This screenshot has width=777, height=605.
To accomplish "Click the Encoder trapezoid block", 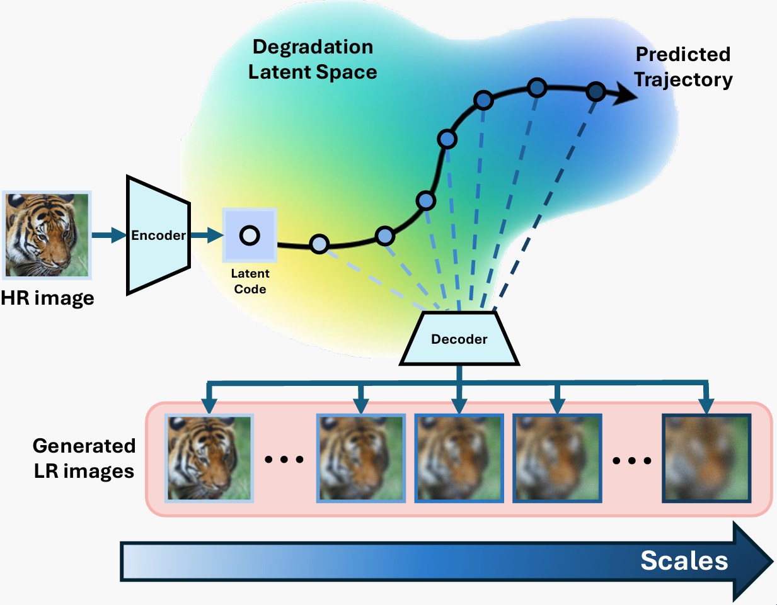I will coord(158,235).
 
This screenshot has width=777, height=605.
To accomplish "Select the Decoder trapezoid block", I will coord(459,339).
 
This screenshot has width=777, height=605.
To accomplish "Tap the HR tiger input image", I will coord(47,235).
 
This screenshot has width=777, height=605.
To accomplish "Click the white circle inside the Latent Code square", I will coord(250,235).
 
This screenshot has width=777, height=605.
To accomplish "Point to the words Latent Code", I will coord(250,281).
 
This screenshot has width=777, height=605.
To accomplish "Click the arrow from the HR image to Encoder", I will coord(108,235).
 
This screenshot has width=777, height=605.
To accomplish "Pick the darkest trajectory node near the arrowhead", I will coord(596,92).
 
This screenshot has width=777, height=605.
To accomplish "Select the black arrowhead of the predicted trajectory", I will coord(626,94).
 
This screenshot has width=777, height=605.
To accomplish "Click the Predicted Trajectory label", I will coord(683,67).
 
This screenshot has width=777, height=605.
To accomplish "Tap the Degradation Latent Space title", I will coord(313,60).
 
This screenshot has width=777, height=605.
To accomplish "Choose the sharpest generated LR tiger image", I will coord(209,458).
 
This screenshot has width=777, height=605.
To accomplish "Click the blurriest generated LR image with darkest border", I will coord(706,458).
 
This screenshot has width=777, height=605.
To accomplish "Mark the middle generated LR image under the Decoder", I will coord(459,458).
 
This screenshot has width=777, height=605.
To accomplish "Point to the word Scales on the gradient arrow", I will coord(684,560).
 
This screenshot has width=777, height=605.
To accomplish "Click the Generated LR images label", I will coord(84,458).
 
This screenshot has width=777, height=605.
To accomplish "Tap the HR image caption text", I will coord(47,298).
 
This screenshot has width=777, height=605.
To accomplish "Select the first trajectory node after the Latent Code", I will coord(319,244).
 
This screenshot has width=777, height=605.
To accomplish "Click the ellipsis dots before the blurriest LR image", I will coord(631,461).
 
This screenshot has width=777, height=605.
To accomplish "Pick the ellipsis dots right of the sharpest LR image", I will coord(284,460).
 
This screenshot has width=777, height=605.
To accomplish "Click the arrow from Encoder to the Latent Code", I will coord(206,235).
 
